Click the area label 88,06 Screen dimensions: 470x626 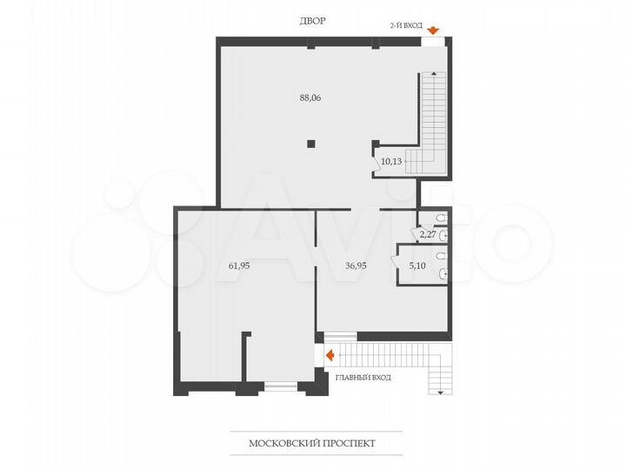(x=310, y=97)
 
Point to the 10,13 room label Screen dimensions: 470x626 (x=390, y=161)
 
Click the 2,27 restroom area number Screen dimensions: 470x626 (x=427, y=233)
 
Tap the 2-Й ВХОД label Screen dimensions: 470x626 (x=405, y=26)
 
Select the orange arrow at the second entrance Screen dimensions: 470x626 (x=433, y=30)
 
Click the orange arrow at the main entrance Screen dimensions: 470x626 (x=330, y=354)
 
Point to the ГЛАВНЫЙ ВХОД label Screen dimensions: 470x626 (x=363, y=377)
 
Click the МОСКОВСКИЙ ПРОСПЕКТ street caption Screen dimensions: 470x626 (x=313, y=443)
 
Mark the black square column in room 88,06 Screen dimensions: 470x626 (x=310, y=144)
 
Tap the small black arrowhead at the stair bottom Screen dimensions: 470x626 (x=441, y=393)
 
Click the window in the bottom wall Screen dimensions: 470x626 (x=279, y=385)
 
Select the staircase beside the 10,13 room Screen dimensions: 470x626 (x=431, y=117)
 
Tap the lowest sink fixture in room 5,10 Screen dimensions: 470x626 (x=443, y=274)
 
